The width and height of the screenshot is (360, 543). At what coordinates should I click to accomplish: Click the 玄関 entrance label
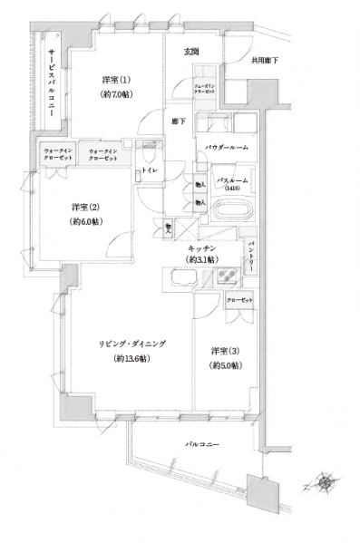[x=191, y=52]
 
